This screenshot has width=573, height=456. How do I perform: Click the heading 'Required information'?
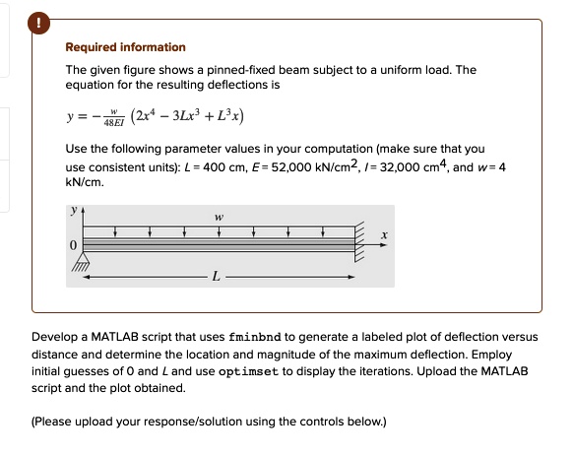click(125, 47)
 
